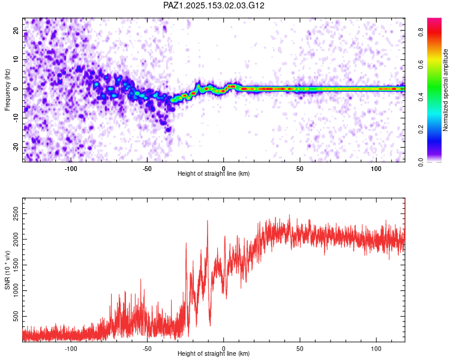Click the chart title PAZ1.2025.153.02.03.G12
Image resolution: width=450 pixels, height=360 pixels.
tap(214, 5)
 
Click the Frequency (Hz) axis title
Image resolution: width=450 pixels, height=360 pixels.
tap(7, 89)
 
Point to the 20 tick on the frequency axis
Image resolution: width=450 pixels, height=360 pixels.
tap(16, 31)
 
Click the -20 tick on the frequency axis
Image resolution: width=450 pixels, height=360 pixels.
tap(15, 147)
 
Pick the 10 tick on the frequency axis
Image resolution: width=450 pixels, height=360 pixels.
tap(16, 60)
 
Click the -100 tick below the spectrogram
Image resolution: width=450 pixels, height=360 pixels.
tap(71, 167)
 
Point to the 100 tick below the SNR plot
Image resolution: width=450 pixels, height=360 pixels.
tap(376, 347)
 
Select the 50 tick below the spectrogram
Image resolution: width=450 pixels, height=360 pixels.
tap(300, 167)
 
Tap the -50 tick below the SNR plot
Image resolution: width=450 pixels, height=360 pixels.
tap(147, 347)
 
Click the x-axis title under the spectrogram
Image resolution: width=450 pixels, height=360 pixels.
tap(214, 174)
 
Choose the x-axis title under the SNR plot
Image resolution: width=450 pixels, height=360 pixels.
tap(214, 354)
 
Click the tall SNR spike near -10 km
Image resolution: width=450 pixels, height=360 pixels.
tap(208, 222)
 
